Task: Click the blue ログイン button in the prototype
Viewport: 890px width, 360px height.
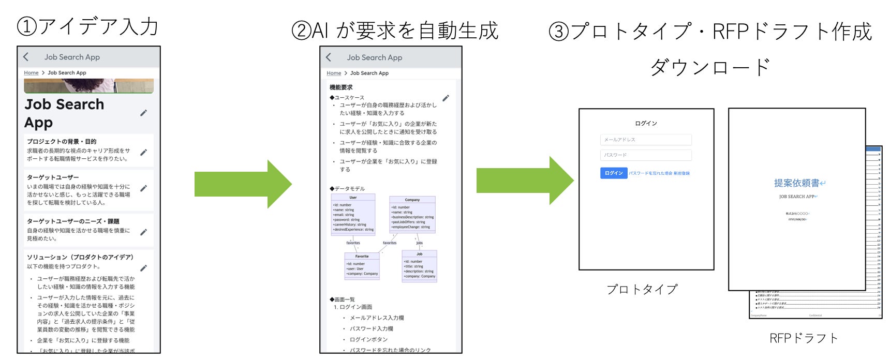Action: tap(614, 173)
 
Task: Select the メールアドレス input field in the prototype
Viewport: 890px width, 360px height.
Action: tap(646, 140)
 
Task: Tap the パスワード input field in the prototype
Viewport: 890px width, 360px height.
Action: tap(646, 155)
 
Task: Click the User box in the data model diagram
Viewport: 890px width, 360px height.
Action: tap(353, 215)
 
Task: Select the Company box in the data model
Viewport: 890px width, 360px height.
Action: tap(412, 214)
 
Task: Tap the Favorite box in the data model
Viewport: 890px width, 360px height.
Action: tap(362, 266)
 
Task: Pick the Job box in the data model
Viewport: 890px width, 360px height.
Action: tap(419, 266)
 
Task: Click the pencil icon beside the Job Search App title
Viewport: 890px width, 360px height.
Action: tap(144, 113)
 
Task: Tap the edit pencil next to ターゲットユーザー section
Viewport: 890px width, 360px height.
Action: tap(144, 188)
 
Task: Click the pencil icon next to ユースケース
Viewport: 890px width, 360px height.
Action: tap(446, 98)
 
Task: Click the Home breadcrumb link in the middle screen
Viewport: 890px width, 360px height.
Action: tap(334, 73)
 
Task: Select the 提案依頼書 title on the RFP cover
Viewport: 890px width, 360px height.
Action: tap(797, 183)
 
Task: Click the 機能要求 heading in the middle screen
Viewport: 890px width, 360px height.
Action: tap(341, 87)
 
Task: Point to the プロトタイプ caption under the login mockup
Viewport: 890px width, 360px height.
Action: tap(642, 289)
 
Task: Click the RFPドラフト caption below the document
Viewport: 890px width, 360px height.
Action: tap(804, 338)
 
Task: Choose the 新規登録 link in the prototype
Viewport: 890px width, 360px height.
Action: tap(681, 174)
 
